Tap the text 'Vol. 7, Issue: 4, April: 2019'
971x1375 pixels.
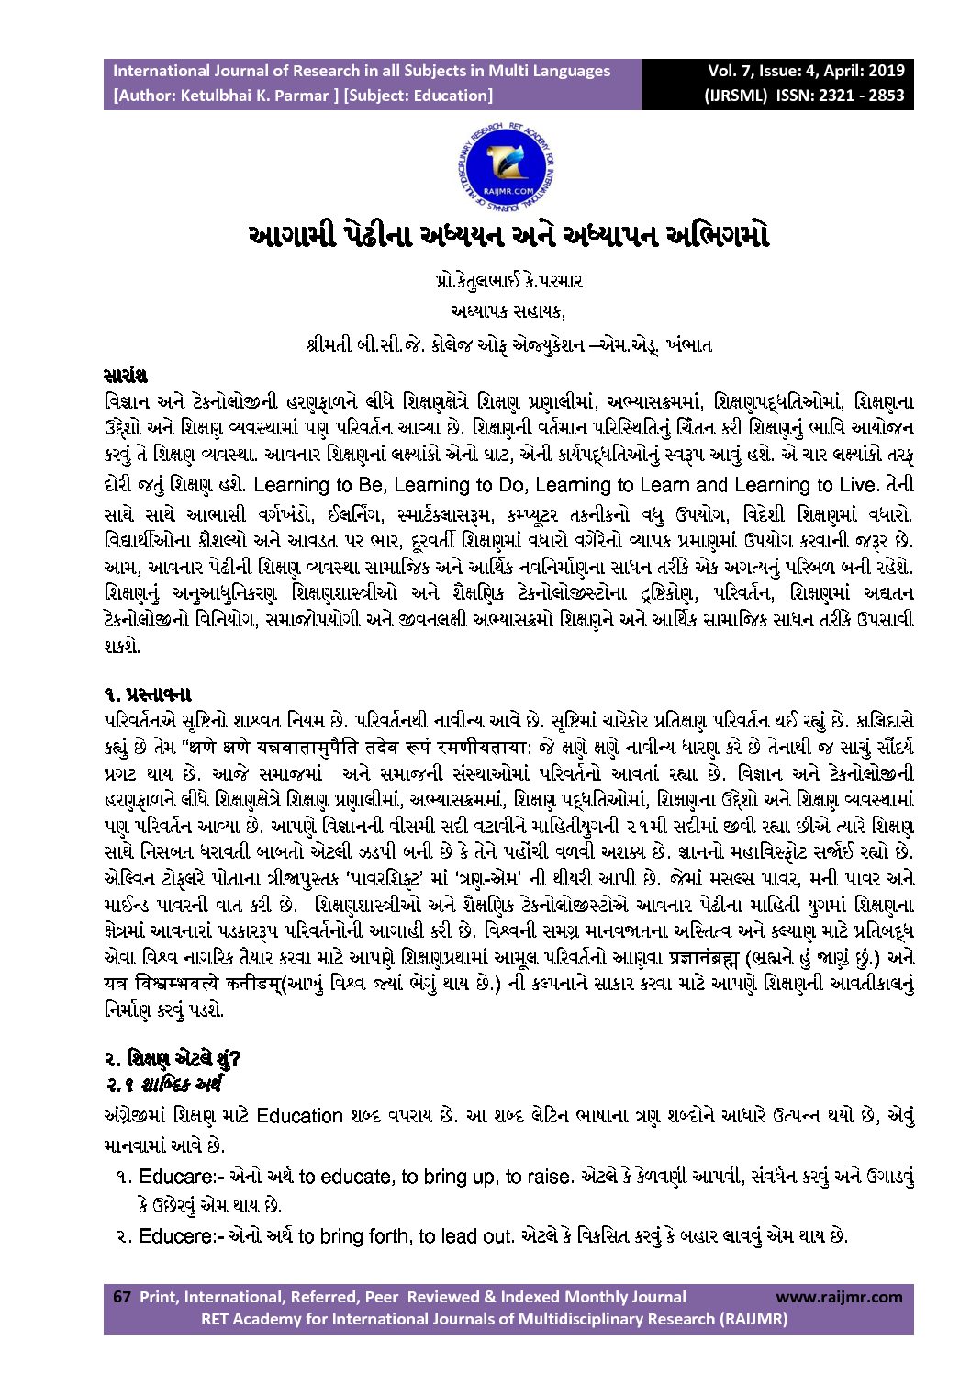pyautogui.click(x=805, y=71)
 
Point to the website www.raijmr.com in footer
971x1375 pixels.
pyautogui.click(x=839, y=1297)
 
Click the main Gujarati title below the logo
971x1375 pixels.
pyautogui.click(x=508, y=235)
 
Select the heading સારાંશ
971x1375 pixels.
pyautogui.click(x=126, y=377)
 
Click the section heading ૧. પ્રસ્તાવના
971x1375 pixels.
pyautogui.click(x=148, y=693)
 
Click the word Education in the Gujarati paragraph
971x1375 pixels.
pyautogui.click(x=299, y=1117)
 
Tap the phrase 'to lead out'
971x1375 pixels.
pyautogui.click(x=468, y=1236)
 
